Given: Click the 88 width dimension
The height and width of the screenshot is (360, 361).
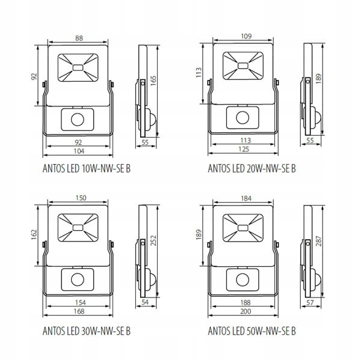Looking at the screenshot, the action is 79,38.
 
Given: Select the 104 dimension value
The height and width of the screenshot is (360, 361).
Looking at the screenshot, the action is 79,151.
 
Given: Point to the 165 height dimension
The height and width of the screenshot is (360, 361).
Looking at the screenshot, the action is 153,81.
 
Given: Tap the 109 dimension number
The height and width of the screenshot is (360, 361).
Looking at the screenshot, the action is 246,36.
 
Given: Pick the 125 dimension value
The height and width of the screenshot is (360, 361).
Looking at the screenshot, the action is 244,149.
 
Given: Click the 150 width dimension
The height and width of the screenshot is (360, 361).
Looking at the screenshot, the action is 81,198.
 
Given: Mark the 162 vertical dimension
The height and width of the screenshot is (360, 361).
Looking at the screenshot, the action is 34,234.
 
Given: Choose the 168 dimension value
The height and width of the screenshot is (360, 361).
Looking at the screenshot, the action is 79,311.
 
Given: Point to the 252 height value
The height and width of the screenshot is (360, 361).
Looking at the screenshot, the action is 153,240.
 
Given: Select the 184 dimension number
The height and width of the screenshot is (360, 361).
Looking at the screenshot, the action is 246,198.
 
